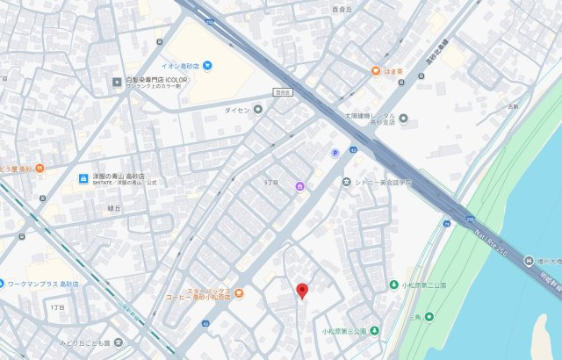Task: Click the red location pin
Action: pos(301,290)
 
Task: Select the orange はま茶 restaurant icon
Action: pos(375,71)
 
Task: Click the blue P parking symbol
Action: pos(334,154)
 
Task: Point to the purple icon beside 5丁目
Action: pos(299,185)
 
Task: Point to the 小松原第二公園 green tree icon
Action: pos(393,285)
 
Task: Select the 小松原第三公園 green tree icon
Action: pos(375,331)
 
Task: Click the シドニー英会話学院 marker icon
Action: pos(347,182)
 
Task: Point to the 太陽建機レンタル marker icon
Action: pos(403,118)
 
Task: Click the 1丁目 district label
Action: pos(58,307)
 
